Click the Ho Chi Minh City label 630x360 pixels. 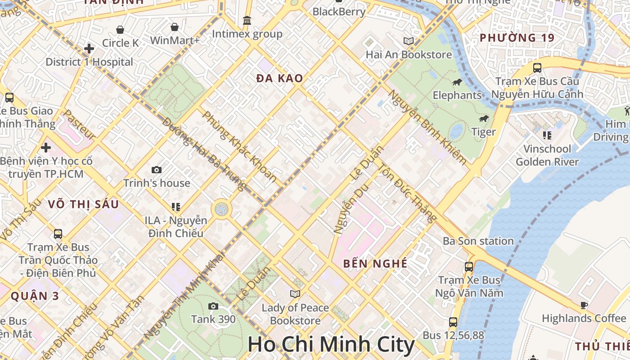tap(331, 345)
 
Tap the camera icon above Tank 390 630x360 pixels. tap(213, 306)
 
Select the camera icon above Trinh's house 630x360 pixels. tap(157, 170)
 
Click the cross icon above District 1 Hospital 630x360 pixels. tap(89, 49)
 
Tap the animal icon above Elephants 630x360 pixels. tap(457, 82)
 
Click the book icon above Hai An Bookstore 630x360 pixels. tap(409, 41)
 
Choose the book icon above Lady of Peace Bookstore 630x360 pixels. tap(295, 294)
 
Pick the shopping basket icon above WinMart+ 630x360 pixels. tap(175, 27)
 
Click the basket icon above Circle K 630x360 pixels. tap(120, 30)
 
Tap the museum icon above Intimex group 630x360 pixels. tap(247, 21)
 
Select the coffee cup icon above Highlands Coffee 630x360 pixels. tap(584, 306)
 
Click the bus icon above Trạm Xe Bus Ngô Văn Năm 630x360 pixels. tap(469, 266)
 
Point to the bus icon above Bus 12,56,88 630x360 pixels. tap(453, 322)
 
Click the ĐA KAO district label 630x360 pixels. tap(279, 78)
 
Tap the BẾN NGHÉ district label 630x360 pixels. tap(375, 264)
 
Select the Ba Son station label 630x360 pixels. tap(478, 241)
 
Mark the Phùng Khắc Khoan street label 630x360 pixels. tap(240, 147)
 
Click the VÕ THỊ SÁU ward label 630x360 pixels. tap(83, 204)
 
